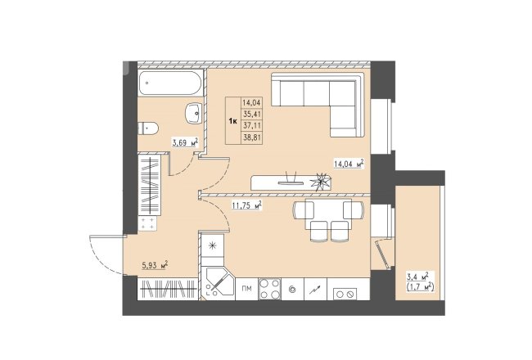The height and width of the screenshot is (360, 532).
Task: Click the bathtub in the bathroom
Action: pos(171,83)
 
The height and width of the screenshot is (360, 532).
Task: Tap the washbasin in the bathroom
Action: pos(194,114)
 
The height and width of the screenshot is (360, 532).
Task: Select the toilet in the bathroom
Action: pos(148,128)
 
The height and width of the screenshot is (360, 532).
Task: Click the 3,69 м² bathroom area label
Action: pos(185,142)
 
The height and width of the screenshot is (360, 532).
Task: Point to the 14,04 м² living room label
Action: pos(349,164)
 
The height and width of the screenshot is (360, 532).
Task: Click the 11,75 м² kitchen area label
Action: pos(246,205)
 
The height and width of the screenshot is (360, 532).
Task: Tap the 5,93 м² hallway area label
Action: pos(155,265)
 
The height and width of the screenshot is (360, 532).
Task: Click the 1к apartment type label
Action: pos(232,121)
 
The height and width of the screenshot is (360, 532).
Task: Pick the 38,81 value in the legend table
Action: pos(252,137)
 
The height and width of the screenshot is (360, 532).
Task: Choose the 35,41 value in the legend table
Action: pos(252,114)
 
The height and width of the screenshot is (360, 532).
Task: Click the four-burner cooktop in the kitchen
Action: pos(270,289)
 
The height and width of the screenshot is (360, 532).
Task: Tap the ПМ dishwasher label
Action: pos(246,289)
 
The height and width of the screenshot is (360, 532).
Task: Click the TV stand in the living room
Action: pos(291,183)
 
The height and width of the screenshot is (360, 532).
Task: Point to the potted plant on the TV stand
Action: pos(321,182)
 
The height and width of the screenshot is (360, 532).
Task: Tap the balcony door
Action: pos(381,254)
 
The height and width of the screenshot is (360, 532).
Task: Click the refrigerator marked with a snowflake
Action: pos(213,245)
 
